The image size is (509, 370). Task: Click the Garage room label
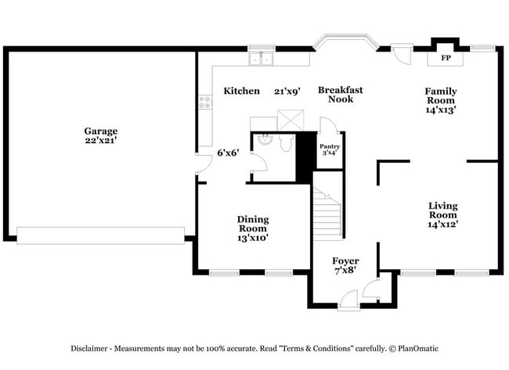pyautogui.click(x=101, y=131)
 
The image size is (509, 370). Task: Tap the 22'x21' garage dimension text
pyautogui.click(x=101, y=141)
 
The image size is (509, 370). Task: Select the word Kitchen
pyautogui.click(x=241, y=92)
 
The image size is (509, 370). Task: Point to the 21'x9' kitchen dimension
pyautogui.click(x=287, y=92)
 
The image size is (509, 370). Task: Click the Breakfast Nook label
pyautogui.click(x=341, y=95)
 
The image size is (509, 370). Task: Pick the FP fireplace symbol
pyautogui.click(x=446, y=59)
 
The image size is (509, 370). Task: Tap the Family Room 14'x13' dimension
pyautogui.click(x=440, y=110)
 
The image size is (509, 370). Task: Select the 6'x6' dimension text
pyautogui.click(x=229, y=153)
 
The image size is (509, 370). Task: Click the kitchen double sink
pyautogui.click(x=260, y=59)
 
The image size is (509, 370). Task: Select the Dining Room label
pyautogui.click(x=253, y=224)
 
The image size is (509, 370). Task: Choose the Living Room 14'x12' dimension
pyautogui.click(x=442, y=225)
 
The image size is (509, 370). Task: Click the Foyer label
pyautogui.click(x=345, y=260)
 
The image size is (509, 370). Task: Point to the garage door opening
pyautogui.click(x=100, y=235)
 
